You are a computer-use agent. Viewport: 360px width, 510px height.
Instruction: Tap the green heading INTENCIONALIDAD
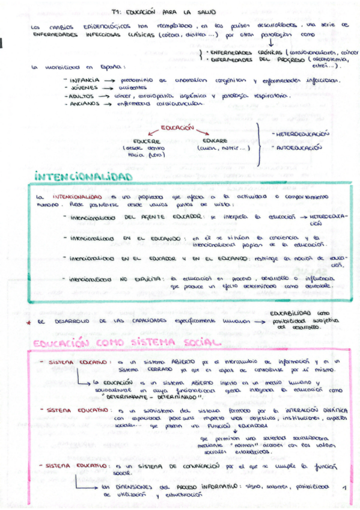tap(83, 177)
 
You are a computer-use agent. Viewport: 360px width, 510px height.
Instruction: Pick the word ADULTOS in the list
tap(81, 96)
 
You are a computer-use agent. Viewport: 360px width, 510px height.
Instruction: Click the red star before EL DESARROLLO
tap(28, 322)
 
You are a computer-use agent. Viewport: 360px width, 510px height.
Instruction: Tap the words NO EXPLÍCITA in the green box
tap(145, 279)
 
